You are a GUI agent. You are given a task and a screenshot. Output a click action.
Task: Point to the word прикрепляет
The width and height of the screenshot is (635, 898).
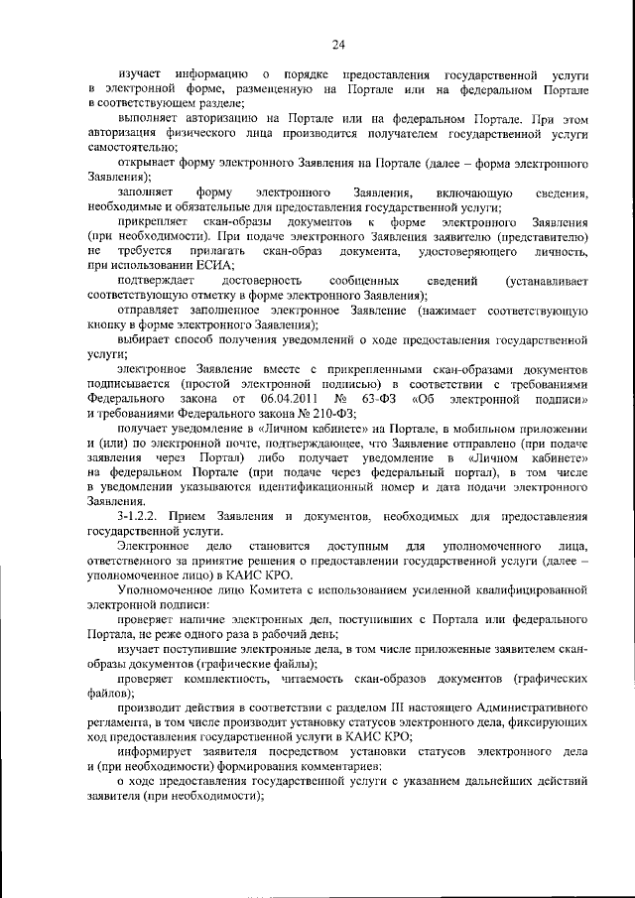pyautogui.click(x=154, y=223)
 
